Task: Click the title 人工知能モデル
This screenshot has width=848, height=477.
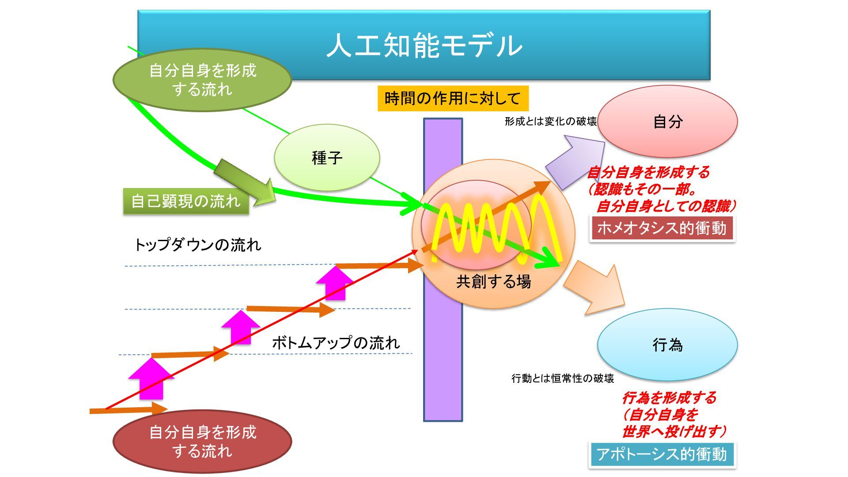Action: (x=424, y=45)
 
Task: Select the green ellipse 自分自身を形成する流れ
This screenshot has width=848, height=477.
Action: (x=202, y=80)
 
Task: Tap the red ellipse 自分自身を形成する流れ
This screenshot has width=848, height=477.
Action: (x=202, y=441)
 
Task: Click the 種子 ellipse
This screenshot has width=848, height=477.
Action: (x=327, y=158)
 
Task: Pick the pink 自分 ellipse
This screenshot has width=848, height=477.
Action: (x=667, y=121)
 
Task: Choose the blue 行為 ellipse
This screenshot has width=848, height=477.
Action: (x=667, y=344)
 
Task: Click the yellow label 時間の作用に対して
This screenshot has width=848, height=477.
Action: (x=453, y=98)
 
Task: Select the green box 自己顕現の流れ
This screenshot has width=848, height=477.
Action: (x=185, y=201)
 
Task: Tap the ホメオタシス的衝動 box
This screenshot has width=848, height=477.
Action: (x=662, y=228)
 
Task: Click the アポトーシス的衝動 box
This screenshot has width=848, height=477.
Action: (x=662, y=454)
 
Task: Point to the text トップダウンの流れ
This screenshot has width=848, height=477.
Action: (x=197, y=245)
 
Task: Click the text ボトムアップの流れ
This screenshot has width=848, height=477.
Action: (x=336, y=343)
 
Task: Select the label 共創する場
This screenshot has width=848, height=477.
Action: (x=493, y=281)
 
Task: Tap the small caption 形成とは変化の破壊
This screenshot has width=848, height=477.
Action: (x=550, y=121)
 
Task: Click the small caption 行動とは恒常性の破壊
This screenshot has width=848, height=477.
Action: (x=562, y=379)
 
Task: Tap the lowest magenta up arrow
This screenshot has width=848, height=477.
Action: (x=151, y=379)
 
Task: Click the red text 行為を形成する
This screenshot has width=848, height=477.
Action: (x=669, y=398)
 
